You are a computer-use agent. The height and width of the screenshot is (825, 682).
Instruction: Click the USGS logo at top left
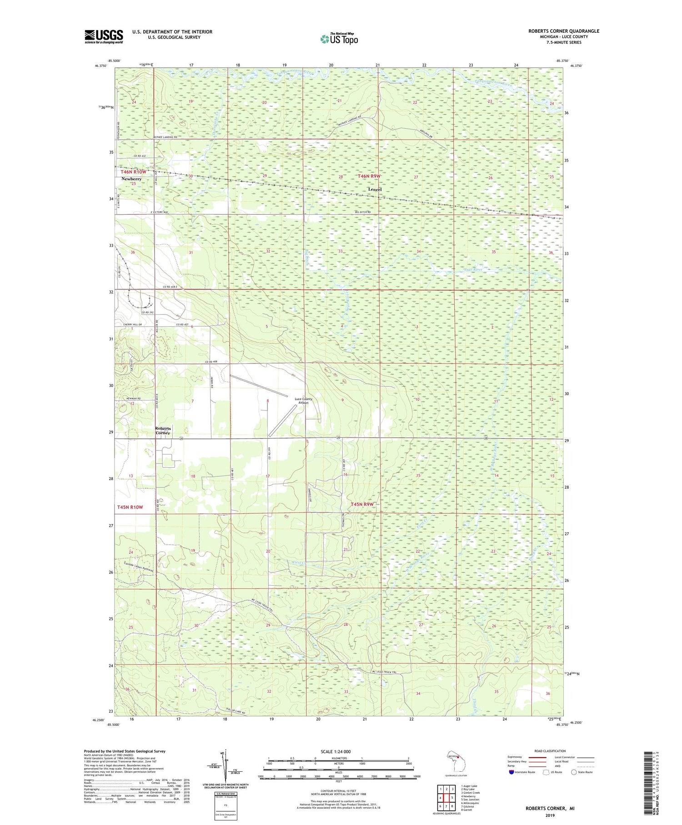click(104, 36)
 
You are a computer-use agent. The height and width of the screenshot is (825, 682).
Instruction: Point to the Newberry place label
click(131, 179)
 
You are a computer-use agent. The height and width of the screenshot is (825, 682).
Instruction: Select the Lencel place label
click(375, 189)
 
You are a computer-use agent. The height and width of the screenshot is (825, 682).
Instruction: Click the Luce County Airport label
click(303, 400)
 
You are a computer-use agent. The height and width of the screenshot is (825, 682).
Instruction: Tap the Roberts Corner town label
click(163, 430)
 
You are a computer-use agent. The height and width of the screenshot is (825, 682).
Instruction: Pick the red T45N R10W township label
click(130, 507)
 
